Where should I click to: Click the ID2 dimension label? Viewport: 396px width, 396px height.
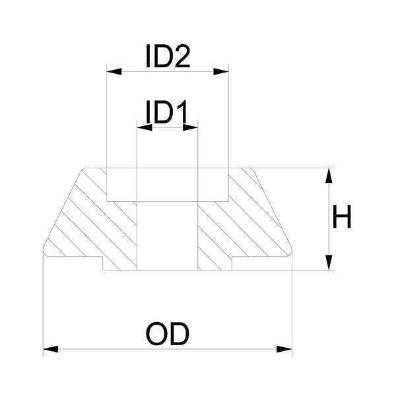point(168,58)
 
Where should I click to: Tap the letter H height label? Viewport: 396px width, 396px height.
point(342,218)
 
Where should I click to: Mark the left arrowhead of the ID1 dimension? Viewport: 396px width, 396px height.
point(141,126)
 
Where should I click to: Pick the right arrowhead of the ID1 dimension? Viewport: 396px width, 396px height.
point(193,126)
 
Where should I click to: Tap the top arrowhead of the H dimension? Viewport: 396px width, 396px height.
point(328,174)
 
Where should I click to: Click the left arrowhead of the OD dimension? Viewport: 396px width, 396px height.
point(49,348)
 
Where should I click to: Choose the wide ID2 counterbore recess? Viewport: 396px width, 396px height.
point(167,185)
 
